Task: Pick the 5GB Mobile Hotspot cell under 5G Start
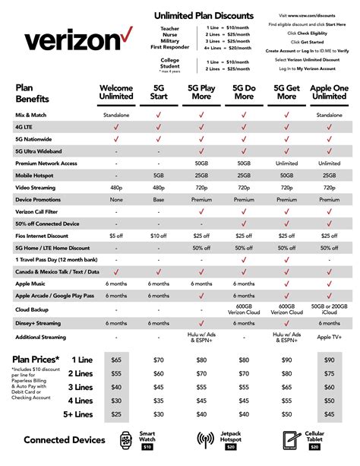click(158, 174)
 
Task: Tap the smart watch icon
click(125, 439)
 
